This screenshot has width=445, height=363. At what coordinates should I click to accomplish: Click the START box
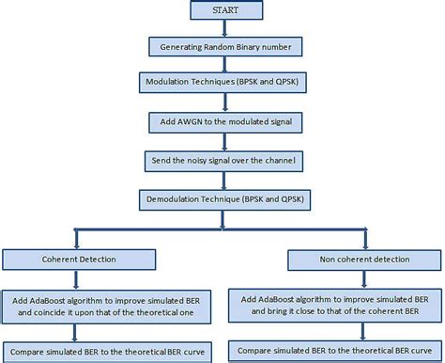coord(223,11)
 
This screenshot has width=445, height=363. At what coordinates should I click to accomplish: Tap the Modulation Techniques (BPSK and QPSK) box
coord(223,83)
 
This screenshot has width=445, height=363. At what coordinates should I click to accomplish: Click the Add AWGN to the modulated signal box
coord(223,122)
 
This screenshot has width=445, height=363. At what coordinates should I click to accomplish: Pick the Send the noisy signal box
coord(223,162)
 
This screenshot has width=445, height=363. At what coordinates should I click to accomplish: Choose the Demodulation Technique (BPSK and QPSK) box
coord(223,200)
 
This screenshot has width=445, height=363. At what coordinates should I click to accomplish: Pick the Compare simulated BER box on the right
coord(335,350)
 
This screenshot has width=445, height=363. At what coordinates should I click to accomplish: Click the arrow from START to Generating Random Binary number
coord(223,27)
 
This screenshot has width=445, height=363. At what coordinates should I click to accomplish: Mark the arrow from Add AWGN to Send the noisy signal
coord(223,142)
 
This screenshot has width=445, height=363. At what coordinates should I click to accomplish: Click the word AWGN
coord(192,122)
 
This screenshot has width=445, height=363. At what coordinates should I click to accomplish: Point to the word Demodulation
coord(176,200)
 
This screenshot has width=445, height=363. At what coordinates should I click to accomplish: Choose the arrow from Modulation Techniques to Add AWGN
coord(223,103)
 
